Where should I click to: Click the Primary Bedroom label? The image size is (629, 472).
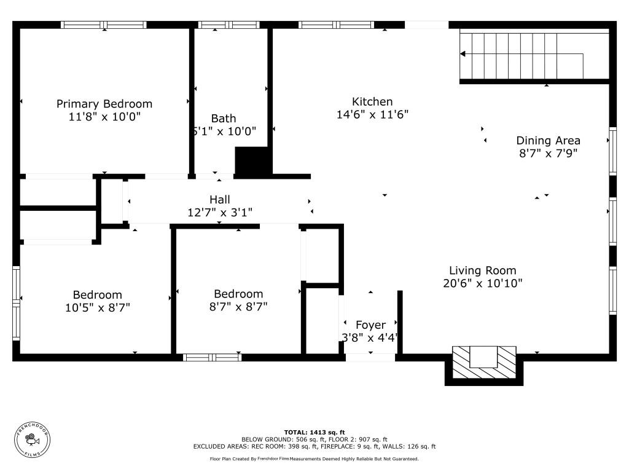pos(104,104)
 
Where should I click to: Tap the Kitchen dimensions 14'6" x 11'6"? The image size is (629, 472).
pos(372,114)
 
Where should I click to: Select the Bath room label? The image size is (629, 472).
pos(224,118)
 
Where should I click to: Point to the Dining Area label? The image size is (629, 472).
pos(548,141)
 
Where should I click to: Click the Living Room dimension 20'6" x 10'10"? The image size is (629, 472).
pos(482,283)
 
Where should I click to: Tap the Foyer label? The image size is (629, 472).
pos(371,324)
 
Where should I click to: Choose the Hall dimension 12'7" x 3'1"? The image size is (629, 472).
pos(220,213)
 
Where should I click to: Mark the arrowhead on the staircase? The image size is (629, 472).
pos(463,54)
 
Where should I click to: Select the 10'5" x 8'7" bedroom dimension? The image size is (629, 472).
pos(98,307)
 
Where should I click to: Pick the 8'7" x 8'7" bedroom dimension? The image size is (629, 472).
pos(238,306)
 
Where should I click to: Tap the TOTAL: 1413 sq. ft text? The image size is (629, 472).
pos(314,432)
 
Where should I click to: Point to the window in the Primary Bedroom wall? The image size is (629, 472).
pos(103,25)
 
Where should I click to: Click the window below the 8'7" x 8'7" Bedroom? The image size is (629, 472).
pos(213,357)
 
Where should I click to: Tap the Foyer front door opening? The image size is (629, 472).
pos(370,357)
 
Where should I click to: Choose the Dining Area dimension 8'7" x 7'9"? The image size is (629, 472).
pos(548,154)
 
